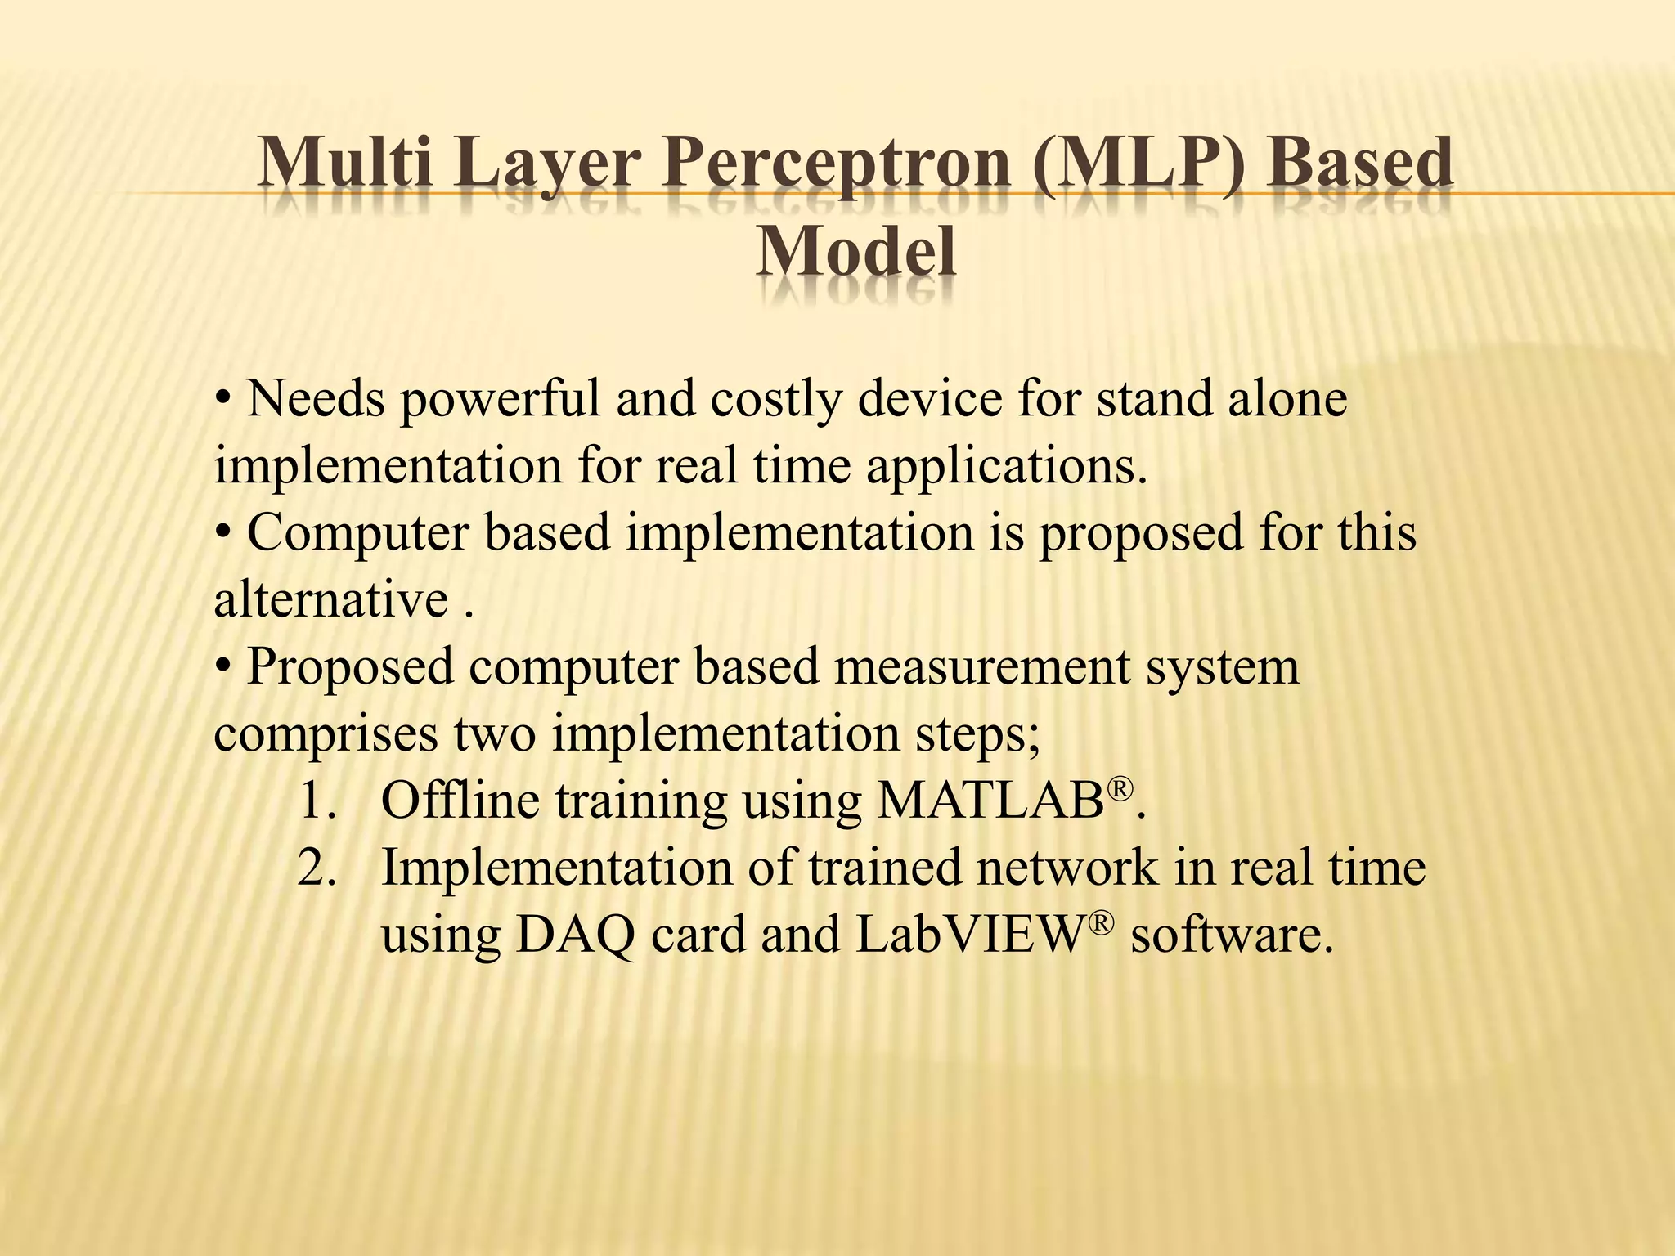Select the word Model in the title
coord(855,251)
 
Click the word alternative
coord(331,600)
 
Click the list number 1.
coord(317,801)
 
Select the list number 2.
coord(317,868)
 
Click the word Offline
coord(460,801)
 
